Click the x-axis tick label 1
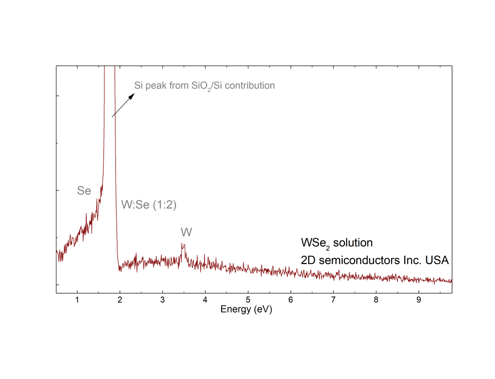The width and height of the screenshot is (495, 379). tap(77, 300)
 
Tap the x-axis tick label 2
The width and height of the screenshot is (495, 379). tap(120, 300)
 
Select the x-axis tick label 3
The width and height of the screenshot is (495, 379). tap(162, 300)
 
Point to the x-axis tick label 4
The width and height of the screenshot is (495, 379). tap(205, 300)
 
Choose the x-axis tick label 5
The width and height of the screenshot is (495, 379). tap(248, 300)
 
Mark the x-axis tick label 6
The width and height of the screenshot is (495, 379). tap(290, 300)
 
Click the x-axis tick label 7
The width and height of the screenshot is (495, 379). tap(333, 300)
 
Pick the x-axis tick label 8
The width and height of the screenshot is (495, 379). tap(376, 300)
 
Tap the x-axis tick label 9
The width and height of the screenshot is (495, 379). tap(418, 300)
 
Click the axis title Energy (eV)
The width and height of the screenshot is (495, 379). tap(246, 309)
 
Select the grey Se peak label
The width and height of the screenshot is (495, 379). tap(84, 191)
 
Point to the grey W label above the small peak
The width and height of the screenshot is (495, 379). tap(186, 232)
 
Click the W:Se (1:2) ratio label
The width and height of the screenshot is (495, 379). tap(149, 205)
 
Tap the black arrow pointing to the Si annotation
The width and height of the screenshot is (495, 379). tap(123, 105)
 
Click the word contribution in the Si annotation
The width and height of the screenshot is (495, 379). tap(250, 85)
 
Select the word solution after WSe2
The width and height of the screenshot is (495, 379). tap(353, 243)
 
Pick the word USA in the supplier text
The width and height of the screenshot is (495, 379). tap(437, 260)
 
